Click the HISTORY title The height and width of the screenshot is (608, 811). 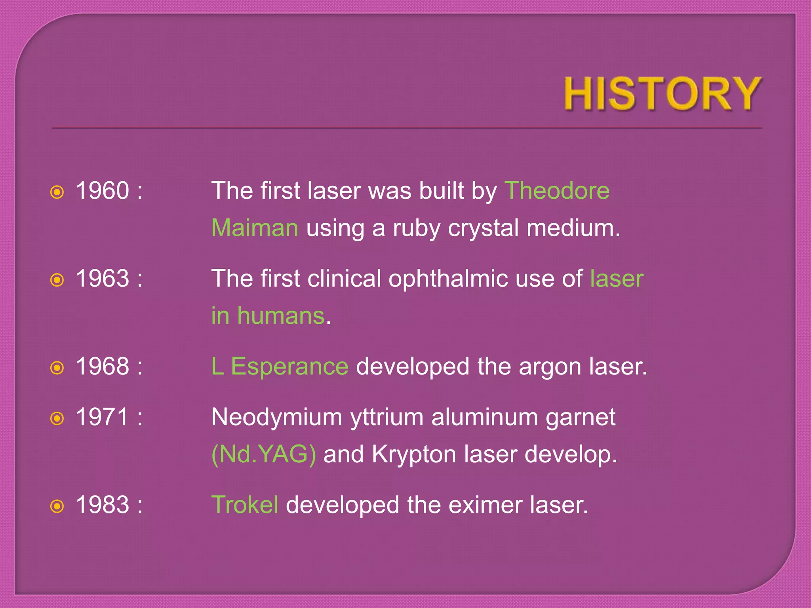pyautogui.click(x=663, y=94)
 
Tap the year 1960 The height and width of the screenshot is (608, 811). pyautogui.click(x=103, y=190)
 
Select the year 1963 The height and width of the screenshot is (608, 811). pyautogui.click(x=103, y=278)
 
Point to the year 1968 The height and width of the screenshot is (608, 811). pyautogui.click(x=103, y=366)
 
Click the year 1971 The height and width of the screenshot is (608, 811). pyautogui.click(x=103, y=417)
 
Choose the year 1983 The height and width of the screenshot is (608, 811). pyautogui.click(x=103, y=505)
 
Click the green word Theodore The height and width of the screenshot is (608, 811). pyautogui.click(x=557, y=190)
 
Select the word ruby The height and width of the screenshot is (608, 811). pyautogui.click(x=416, y=229)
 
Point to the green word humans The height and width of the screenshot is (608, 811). pyautogui.click(x=281, y=316)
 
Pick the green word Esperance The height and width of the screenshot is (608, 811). pyautogui.click(x=289, y=366)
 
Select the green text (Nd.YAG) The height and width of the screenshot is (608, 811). pyautogui.click(x=264, y=454)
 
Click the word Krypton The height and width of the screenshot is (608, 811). pyautogui.click(x=414, y=455)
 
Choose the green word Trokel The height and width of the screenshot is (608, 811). pyautogui.click(x=245, y=505)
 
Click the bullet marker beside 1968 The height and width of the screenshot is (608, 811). pyautogui.click(x=57, y=368)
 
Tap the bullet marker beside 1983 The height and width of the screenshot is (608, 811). pyautogui.click(x=57, y=506)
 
